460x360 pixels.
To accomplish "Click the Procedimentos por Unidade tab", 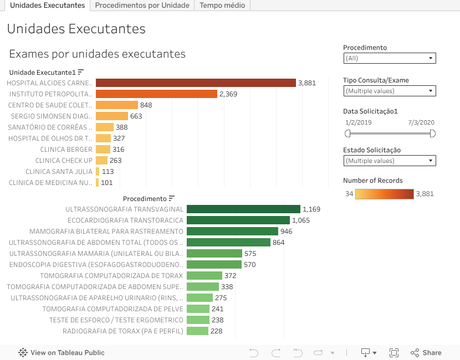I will click(x=142, y=6).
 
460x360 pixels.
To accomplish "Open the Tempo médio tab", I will click(x=222, y=6).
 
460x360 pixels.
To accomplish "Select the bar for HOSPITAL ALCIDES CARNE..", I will click(x=196, y=83).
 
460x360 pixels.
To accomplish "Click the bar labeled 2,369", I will click(x=156, y=94).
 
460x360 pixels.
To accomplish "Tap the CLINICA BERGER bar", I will click(x=103, y=150).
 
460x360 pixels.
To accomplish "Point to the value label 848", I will click(x=146, y=105).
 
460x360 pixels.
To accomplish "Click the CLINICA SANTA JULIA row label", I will click(x=59, y=172).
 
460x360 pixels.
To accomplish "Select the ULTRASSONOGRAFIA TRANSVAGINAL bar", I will click(x=243, y=209).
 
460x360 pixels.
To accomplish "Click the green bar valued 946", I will click(x=232, y=232).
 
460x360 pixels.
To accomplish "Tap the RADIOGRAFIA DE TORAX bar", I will click(x=197, y=331).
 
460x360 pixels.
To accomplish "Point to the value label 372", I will click(x=230, y=276).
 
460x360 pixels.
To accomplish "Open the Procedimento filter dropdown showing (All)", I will click(x=389, y=58).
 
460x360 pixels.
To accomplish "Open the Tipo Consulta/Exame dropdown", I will click(x=389, y=91).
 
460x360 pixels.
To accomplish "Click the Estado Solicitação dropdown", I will click(x=389, y=161).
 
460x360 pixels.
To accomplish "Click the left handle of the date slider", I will click(x=347, y=133).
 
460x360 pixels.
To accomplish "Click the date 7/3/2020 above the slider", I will click(x=421, y=122).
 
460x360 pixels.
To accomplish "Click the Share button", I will click(x=426, y=353).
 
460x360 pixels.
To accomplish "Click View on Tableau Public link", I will click(x=62, y=353).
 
